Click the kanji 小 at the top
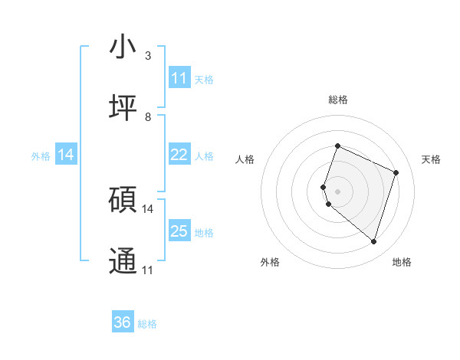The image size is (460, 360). tap(123, 47)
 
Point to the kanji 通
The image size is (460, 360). tap(123, 260)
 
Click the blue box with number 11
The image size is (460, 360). tap(179, 78)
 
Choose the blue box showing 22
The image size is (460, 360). tap(179, 155)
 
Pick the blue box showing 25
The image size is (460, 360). tap(179, 231)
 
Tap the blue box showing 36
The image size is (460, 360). tap(123, 322)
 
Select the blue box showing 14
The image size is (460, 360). tap(66, 155)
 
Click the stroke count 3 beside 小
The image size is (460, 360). tap(148, 56)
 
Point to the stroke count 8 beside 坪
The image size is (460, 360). tap(148, 116)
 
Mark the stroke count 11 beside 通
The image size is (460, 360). tap(148, 270)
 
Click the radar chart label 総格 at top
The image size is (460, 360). tap(338, 100)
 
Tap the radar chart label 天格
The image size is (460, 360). tap(431, 159)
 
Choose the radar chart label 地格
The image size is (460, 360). tap(402, 262)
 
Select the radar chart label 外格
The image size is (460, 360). tap(270, 262)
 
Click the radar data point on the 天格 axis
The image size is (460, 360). tap(396, 172)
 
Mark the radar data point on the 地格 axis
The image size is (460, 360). tap(373, 242)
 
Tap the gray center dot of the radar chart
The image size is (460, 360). tap(337, 191)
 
